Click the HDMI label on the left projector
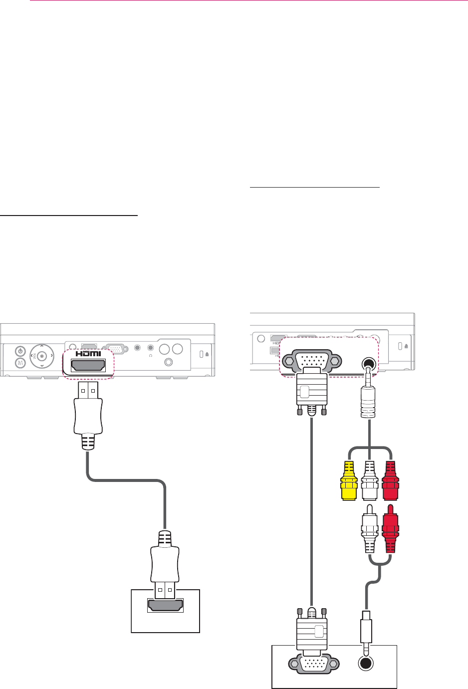click(x=88, y=354)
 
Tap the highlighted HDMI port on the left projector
click(x=88, y=366)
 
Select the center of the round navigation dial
click(x=42, y=356)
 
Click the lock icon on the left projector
click(x=207, y=355)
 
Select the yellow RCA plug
click(x=348, y=481)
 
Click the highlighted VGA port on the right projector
click(x=311, y=361)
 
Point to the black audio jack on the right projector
click(x=368, y=363)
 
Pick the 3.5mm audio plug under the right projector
click(x=369, y=397)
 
